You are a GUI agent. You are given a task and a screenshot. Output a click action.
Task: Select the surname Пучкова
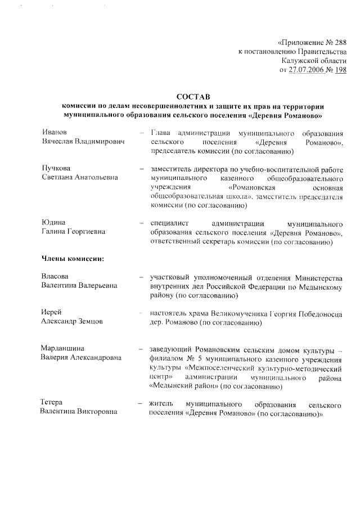(57, 168)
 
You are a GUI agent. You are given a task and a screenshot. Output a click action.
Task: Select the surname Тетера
(54, 403)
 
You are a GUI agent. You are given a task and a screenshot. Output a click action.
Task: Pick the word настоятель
(170, 313)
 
